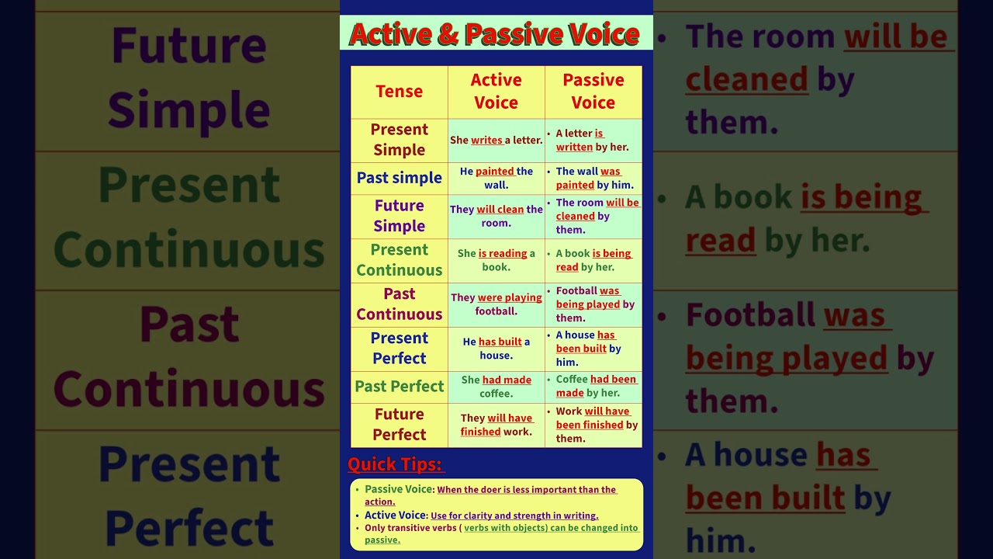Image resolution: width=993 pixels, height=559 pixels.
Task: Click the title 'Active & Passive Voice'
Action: point(495,34)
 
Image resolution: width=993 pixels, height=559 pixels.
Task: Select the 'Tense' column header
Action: point(399,92)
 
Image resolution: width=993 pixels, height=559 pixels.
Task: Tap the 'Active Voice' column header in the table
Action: point(496,92)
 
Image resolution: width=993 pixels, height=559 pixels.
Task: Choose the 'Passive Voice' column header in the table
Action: point(593,92)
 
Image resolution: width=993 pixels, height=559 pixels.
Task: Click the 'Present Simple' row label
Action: point(399,140)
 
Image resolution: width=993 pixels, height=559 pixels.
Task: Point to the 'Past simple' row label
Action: point(399,178)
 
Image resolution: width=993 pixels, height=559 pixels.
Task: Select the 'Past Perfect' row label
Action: point(399,387)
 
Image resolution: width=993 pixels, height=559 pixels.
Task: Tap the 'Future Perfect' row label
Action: point(399,425)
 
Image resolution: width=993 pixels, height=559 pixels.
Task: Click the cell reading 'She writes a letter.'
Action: point(496,141)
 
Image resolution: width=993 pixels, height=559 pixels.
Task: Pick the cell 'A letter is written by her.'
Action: point(593,141)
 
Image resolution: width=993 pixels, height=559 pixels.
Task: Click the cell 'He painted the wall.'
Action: point(496,179)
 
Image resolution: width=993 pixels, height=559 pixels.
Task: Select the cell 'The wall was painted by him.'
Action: point(594,179)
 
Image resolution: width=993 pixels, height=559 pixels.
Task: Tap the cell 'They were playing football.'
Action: point(496,304)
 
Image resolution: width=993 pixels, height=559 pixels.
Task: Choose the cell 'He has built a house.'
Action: point(496,349)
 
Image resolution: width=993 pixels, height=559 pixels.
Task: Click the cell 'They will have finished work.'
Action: point(496,425)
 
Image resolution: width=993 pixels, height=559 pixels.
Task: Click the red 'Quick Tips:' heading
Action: point(396,464)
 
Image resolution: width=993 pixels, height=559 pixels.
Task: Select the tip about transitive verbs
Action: point(500,533)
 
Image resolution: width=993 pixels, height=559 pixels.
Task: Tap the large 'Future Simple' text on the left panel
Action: point(189,78)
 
